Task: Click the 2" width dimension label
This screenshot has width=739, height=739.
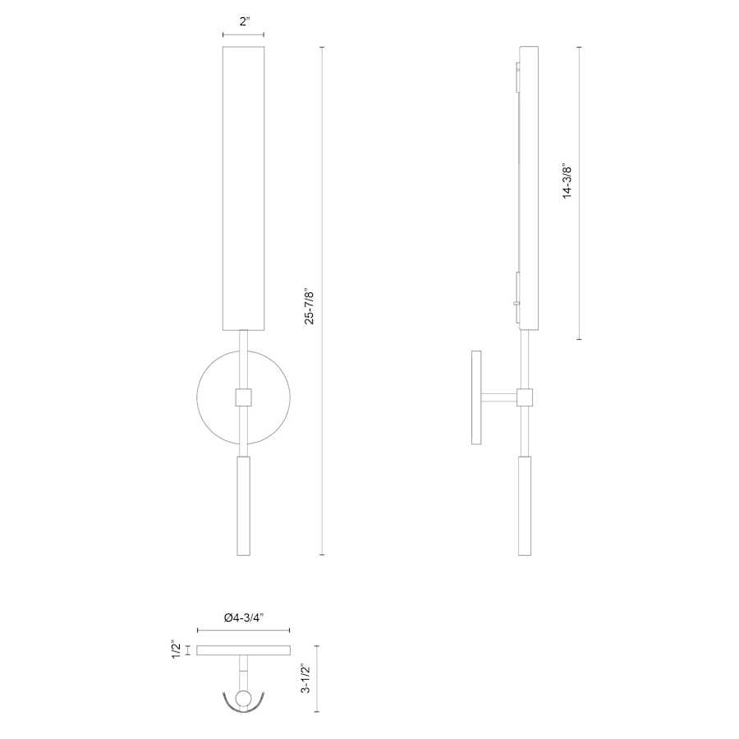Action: [244, 22]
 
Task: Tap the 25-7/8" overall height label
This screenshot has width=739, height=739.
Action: [310, 305]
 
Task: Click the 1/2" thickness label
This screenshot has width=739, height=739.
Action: [176, 649]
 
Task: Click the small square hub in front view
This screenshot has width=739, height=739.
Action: [243, 397]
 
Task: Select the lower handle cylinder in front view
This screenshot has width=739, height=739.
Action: [243, 506]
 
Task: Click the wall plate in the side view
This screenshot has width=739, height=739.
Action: [476, 397]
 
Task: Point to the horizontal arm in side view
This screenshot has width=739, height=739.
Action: [498, 397]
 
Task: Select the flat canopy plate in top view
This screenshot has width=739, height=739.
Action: [243, 650]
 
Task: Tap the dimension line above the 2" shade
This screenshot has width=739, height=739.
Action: [243, 34]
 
